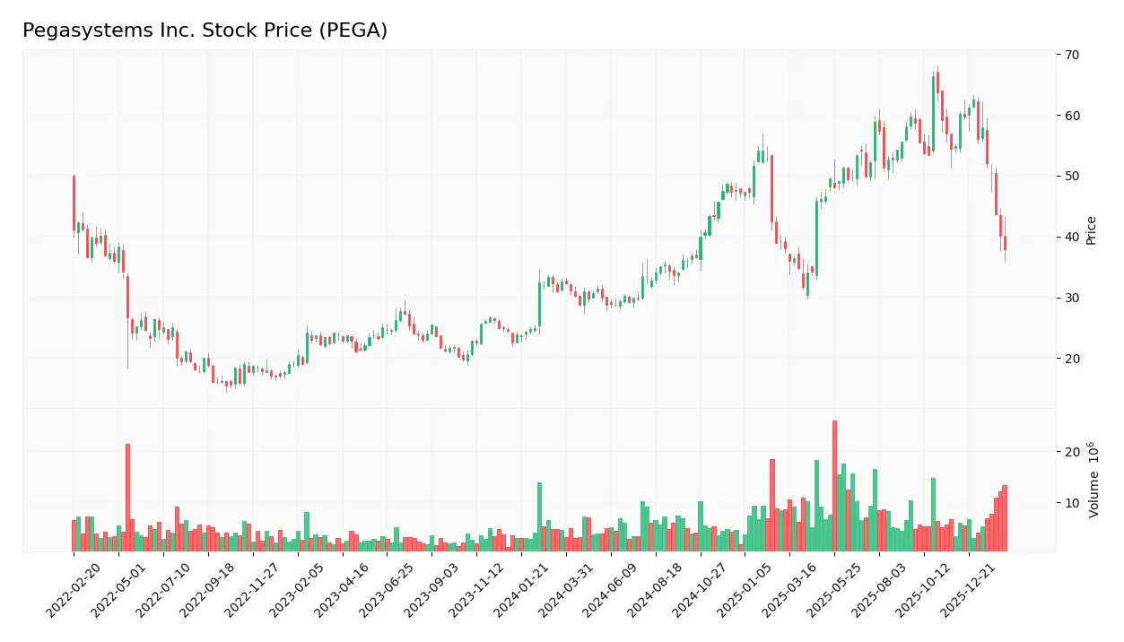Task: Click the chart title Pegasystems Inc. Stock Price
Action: tap(205, 30)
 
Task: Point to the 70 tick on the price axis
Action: tap(1073, 55)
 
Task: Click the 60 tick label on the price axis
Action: tap(1073, 116)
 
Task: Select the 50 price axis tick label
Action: tap(1073, 176)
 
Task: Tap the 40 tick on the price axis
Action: tap(1073, 237)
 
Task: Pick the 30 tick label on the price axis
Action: tap(1073, 298)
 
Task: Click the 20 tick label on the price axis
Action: tap(1073, 359)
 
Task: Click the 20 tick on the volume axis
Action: tap(1073, 452)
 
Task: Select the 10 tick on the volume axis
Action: tap(1073, 503)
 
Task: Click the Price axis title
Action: tap(1092, 230)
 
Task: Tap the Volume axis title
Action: tap(1094, 481)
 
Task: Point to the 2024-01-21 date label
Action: tap(519, 591)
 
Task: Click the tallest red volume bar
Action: tap(834, 486)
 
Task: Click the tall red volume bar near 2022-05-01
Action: tap(127, 498)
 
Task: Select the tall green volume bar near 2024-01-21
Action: tap(539, 516)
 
